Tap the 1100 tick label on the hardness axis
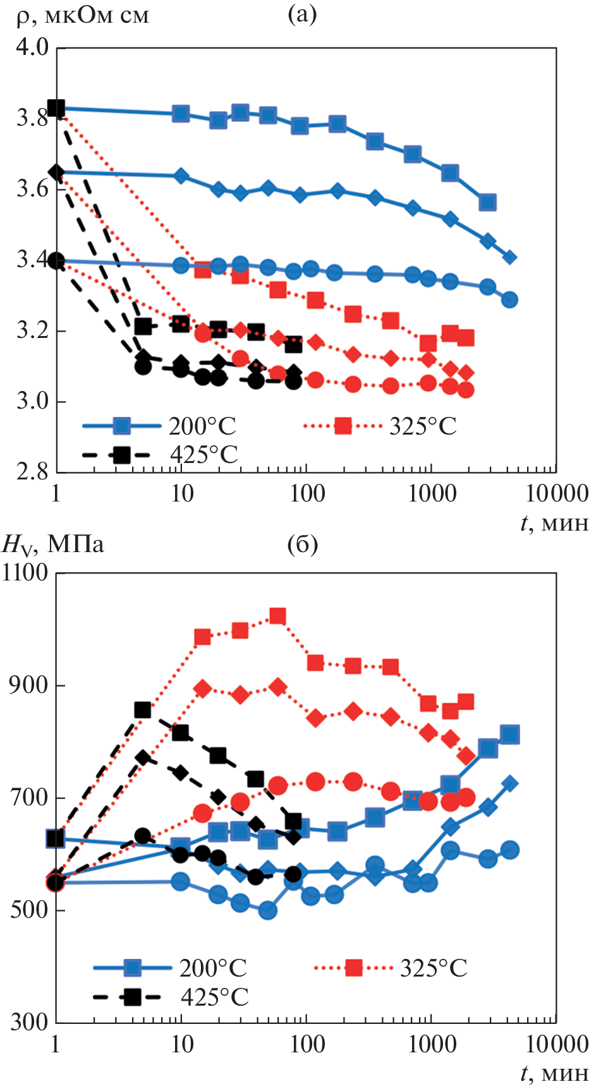(x=25, y=573)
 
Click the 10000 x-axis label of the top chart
(x=557, y=494)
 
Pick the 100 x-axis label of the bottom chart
(x=307, y=1044)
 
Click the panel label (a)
(x=302, y=14)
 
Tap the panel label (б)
(x=302, y=544)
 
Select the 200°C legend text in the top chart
(x=202, y=426)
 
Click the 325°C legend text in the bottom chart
(x=434, y=968)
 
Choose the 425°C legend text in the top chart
(x=203, y=454)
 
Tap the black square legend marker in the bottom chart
(x=132, y=997)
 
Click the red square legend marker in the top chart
(x=343, y=426)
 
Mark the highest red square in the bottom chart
(x=277, y=616)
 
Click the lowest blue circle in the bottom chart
(x=267, y=910)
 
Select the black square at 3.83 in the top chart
(x=56, y=108)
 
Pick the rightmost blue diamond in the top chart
(x=510, y=257)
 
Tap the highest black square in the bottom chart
(x=143, y=710)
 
